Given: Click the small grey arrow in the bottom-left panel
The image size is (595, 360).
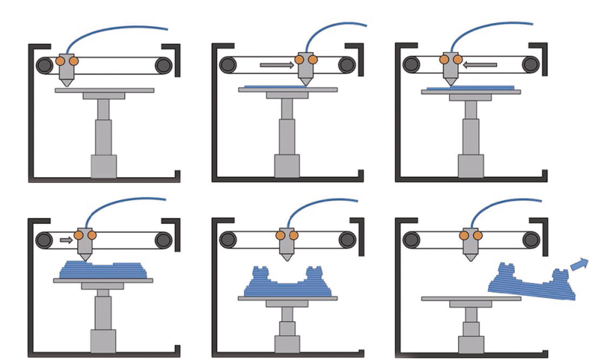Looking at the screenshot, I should tap(65, 240).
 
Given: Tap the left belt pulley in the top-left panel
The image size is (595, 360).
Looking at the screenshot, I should tap(46, 65).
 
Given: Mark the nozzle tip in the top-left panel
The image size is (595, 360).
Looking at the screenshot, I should tap(68, 84).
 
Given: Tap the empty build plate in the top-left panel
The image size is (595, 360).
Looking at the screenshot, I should tap(105, 90).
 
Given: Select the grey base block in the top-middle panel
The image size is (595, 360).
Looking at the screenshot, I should tap(286, 167).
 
